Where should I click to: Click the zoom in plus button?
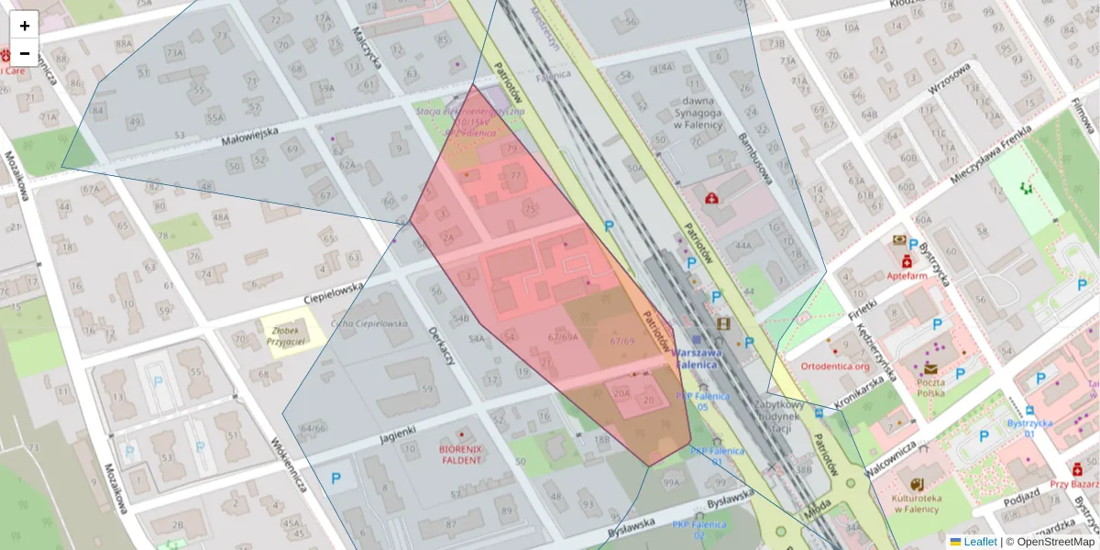point(25,26)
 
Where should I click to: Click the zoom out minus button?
point(25,53)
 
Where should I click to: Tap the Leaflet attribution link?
point(981,542)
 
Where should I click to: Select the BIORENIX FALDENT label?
point(461,454)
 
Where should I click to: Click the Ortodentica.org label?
point(834,366)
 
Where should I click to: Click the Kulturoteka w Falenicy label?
point(918,502)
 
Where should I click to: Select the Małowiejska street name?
point(249,135)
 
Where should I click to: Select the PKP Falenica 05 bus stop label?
point(702,401)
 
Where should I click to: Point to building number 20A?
point(621,393)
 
